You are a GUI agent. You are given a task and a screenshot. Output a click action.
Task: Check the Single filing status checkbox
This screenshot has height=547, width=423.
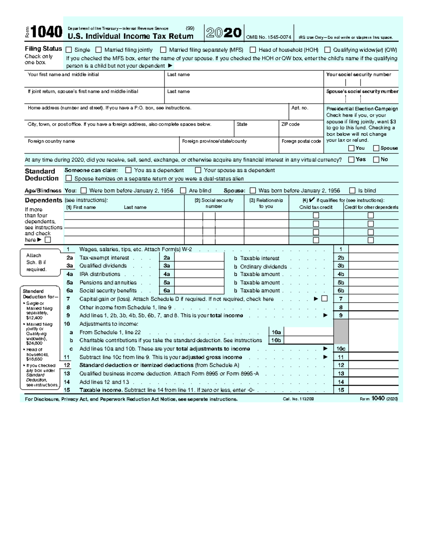pos(69,50)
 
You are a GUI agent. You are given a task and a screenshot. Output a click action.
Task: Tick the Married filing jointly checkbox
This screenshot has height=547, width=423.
pos(99,50)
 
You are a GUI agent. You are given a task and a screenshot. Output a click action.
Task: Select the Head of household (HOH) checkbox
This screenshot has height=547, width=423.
pos(253,50)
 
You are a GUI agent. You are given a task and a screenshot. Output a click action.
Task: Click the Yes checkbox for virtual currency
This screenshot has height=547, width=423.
pos(351,160)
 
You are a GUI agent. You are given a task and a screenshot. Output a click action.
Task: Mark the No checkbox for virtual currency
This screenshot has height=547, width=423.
pos(376,160)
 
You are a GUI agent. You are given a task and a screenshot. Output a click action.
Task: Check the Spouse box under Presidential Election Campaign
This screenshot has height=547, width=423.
pos(376,148)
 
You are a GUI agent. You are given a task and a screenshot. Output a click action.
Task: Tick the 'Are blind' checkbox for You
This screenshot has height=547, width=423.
pos(183,191)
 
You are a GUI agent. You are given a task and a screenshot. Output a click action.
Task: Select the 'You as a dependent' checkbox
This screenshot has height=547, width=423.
pos(128,170)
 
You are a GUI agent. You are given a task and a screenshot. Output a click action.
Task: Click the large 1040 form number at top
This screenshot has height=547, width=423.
pos(46,32)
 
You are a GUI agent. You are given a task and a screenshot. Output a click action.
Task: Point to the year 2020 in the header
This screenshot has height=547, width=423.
pos(224,33)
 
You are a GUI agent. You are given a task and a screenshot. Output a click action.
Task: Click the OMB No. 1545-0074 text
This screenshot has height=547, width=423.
pos(268,37)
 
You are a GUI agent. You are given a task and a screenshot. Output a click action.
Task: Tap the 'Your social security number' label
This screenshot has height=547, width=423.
pos(358,75)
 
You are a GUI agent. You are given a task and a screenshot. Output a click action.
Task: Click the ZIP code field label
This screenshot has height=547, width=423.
pos(290,124)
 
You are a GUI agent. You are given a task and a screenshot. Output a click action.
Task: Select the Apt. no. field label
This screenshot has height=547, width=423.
pos(300,108)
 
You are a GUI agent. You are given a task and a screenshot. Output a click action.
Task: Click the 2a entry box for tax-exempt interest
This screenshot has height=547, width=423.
pos(199,258)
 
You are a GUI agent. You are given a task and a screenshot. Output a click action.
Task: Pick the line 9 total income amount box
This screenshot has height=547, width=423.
pos(373,316)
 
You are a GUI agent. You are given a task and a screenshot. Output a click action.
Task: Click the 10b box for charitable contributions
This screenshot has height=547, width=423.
pos(308,341)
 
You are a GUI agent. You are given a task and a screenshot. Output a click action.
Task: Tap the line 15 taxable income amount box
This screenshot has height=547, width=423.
pos(373,390)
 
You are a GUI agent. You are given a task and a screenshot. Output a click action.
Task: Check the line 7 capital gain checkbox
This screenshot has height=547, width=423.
pos(325,299)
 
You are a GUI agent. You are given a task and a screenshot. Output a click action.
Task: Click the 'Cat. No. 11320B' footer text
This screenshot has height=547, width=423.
pos(298,399)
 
